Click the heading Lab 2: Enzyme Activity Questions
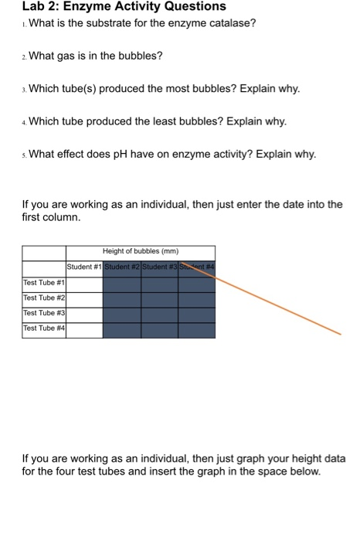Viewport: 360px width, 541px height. (x=124, y=7)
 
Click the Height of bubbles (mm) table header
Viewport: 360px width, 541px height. (x=140, y=251)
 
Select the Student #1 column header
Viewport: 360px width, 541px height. (x=84, y=267)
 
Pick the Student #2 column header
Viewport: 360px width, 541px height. (x=121, y=267)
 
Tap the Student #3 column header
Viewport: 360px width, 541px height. (x=159, y=267)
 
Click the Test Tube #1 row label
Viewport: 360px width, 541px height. (x=42, y=283)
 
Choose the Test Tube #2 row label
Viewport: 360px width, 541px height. (x=42, y=298)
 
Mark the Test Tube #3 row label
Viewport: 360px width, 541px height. (x=42, y=315)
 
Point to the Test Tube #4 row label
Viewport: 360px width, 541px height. (x=42, y=330)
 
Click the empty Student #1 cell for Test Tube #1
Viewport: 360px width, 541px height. (x=84, y=283)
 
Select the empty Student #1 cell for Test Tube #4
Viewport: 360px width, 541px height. (x=84, y=330)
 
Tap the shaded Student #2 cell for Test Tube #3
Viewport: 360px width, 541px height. (x=121, y=315)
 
